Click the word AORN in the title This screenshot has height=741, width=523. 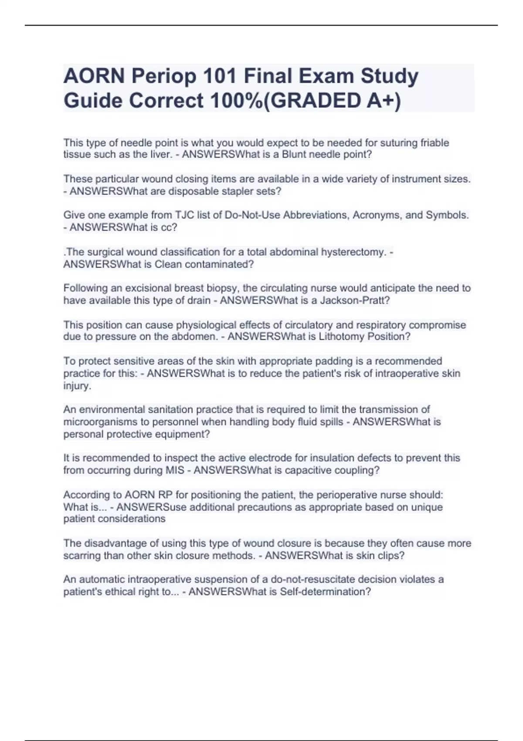pos(93,76)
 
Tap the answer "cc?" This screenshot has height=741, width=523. pos(169,228)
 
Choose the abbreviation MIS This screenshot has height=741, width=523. pos(175,470)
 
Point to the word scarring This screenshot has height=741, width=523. pos(82,556)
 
